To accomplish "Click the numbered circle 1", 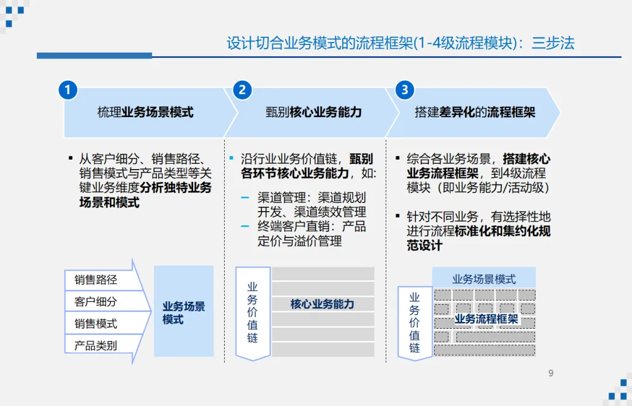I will tap(68, 90).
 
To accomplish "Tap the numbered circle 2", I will tap(242, 90).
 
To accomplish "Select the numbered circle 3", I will tap(404, 90).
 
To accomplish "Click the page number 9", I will tap(550, 373).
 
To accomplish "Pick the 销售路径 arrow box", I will tap(96, 280).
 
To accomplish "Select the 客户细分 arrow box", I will tap(96, 302).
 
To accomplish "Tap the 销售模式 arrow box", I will tap(96, 324).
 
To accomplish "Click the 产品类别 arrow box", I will tap(96, 345).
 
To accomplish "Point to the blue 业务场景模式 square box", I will tap(184, 312).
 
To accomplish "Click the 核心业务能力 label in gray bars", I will tap(322, 304).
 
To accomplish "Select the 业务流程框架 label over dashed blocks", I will tap(486, 319).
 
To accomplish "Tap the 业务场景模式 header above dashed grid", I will tap(484, 279).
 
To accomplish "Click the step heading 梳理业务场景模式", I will tap(145, 112).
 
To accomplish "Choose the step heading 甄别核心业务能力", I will tap(314, 112).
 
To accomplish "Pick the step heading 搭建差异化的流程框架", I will tap(475, 112).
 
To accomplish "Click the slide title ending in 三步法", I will tap(401, 43).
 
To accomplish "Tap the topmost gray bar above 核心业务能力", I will tap(323, 274).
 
